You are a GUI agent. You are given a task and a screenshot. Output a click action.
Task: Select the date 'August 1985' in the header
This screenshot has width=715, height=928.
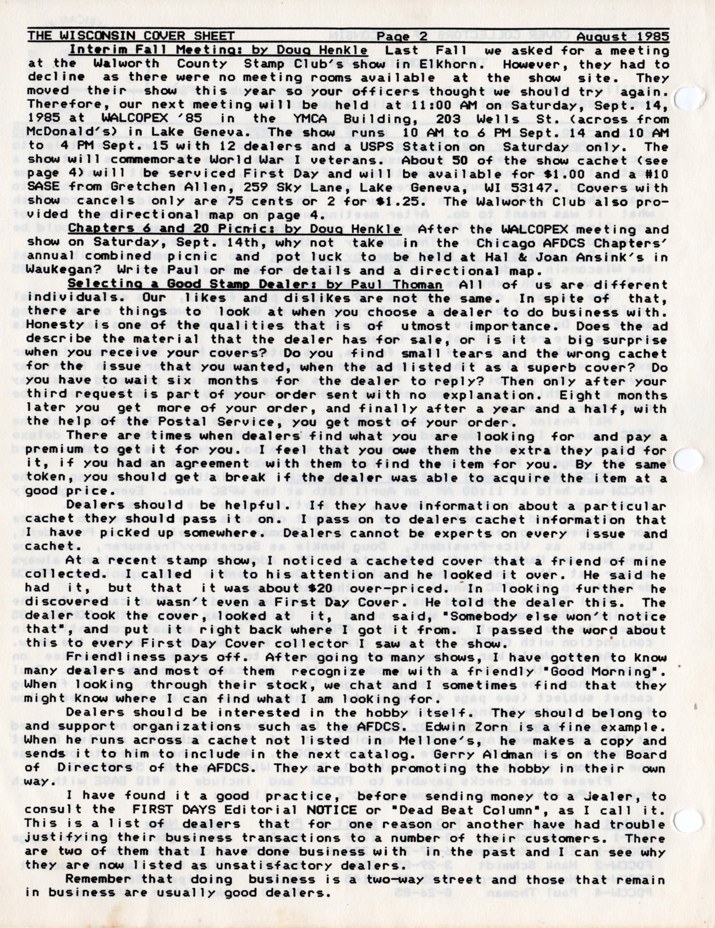pos(623,37)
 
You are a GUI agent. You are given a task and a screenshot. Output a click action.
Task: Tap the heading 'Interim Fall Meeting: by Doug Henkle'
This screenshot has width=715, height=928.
pos(218,51)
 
